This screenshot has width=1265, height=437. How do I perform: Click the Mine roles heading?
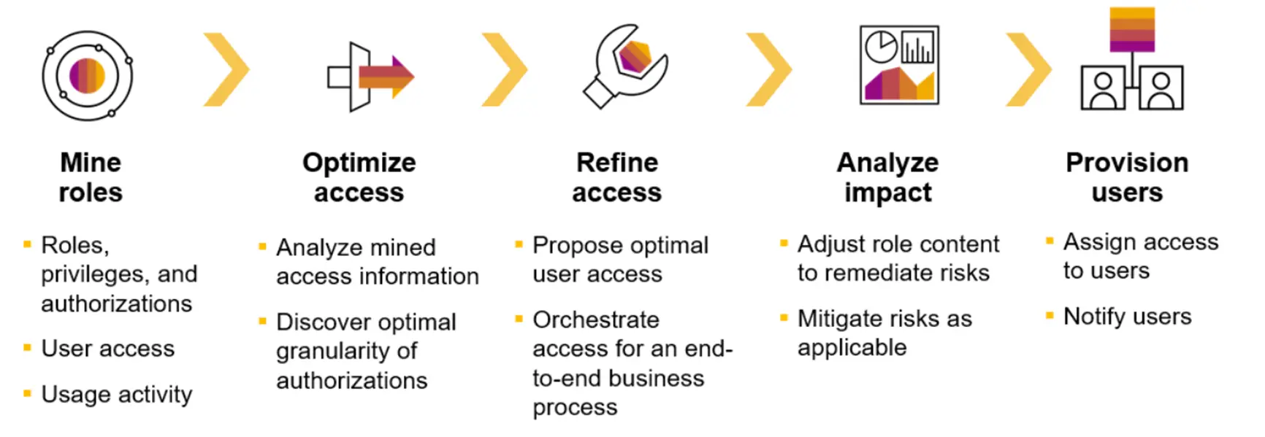pyautogui.click(x=91, y=177)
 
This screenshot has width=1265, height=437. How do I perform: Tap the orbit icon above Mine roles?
pyautogui.click(x=88, y=75)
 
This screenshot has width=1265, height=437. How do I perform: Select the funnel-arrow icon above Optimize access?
pyautogui.click(x=370, y=77)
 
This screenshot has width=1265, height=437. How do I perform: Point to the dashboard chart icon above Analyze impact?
pyautogui.click(x=899, y=66)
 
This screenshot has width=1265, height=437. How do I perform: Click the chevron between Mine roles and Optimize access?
pyautogui.click(x=226, y=70)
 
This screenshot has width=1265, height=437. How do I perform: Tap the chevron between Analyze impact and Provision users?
pyautogui.click(x=1028, y=70)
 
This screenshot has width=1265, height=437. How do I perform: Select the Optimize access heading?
pyautogui.click(x=359, y=177)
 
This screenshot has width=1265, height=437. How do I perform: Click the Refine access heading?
pyautogui.click(x=617, y=177)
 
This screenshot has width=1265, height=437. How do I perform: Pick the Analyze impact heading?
pyautogui.click(x=887, y=177)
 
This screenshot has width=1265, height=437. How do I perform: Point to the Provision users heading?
pyautogui.click(x=1127, y=177)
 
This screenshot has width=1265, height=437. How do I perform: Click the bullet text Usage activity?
pyautogui.click(x=117, y=394)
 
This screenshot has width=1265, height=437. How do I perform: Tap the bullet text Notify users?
pyautogui.click(x=1127, y=317)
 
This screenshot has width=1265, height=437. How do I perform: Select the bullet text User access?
pyautogui.click(x=108, y=349)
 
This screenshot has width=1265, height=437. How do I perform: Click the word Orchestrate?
pyautogui.click(x=596, y=320)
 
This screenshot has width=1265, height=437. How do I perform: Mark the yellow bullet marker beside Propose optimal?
pyautogui.click(x=519, y=244)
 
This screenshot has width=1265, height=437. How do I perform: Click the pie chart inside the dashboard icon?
pyautogui.click(x=881, y=47)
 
